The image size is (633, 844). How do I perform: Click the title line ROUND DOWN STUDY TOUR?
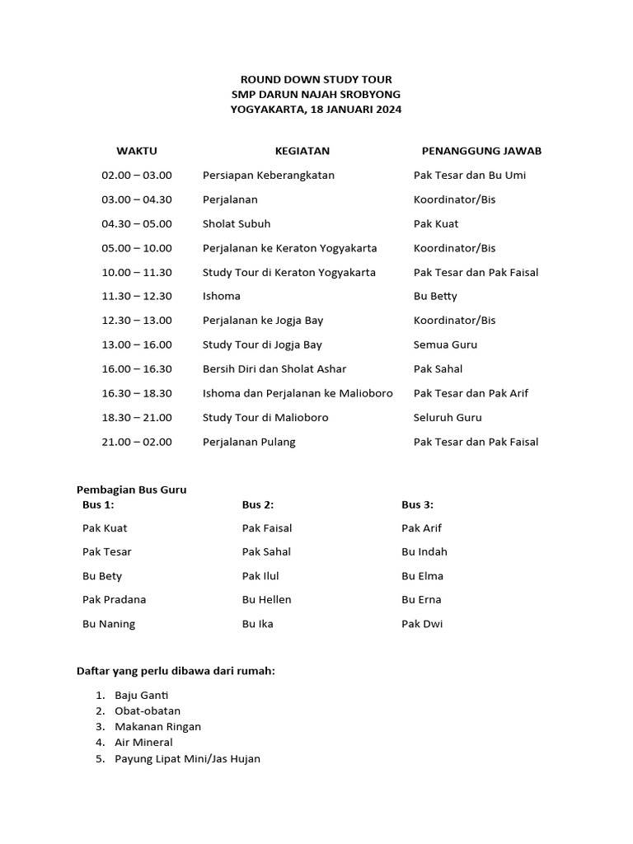[x=316, y=80]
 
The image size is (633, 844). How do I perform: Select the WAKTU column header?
[x=137, y=151]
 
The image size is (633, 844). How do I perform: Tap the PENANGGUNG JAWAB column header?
[x=481, y=151]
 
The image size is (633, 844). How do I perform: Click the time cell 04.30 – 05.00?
[x=137, y=223]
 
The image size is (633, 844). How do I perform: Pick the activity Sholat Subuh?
[x=237, y=223]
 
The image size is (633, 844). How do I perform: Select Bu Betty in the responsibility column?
[x=435, y=296]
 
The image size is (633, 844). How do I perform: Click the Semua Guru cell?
[x=445, y=345]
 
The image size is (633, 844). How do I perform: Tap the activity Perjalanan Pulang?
[x=249, y=442]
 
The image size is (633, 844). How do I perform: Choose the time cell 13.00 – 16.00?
[x=137, y=345]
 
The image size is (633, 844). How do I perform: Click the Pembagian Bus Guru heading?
[x=132, y=490]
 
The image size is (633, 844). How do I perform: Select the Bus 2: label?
[x=258, y=504]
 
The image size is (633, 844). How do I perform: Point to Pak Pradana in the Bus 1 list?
[x=115, y=599]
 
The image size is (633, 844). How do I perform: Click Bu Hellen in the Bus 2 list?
[x=267, y=599]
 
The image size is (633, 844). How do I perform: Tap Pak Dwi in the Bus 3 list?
[x=422, y=624]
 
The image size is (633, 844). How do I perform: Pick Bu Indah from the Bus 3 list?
[x=424, y=551]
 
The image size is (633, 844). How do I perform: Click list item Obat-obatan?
[x=148, y=710]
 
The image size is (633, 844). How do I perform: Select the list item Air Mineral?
[x=144, y=743]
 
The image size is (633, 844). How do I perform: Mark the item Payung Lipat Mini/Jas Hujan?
[x=188, y=758]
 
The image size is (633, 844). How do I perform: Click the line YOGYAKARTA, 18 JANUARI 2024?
[x=316, y=110]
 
